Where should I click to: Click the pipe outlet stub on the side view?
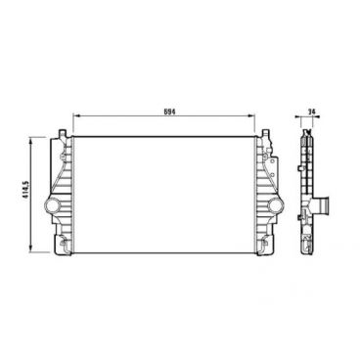tap(324, 208)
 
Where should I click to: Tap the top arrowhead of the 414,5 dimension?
tap(35, 138)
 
